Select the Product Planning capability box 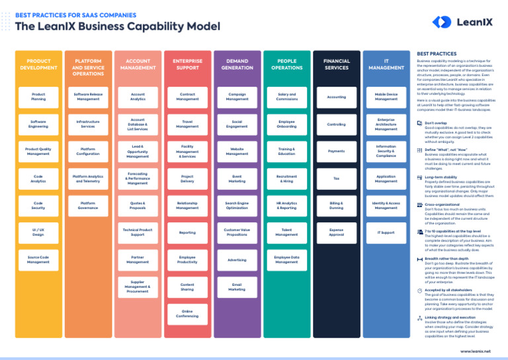38,97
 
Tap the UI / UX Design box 38,233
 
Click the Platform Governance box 88,206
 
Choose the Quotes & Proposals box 138,206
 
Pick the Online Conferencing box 187,313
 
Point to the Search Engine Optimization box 237,206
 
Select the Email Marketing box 237,287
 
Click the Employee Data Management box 286,259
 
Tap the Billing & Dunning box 336,206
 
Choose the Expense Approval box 336,233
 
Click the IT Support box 386,233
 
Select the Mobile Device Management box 386,97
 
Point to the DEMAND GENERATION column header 237,64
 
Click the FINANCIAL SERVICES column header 336,64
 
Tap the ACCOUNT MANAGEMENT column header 138,64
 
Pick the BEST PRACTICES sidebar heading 437,54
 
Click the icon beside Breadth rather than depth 420,259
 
